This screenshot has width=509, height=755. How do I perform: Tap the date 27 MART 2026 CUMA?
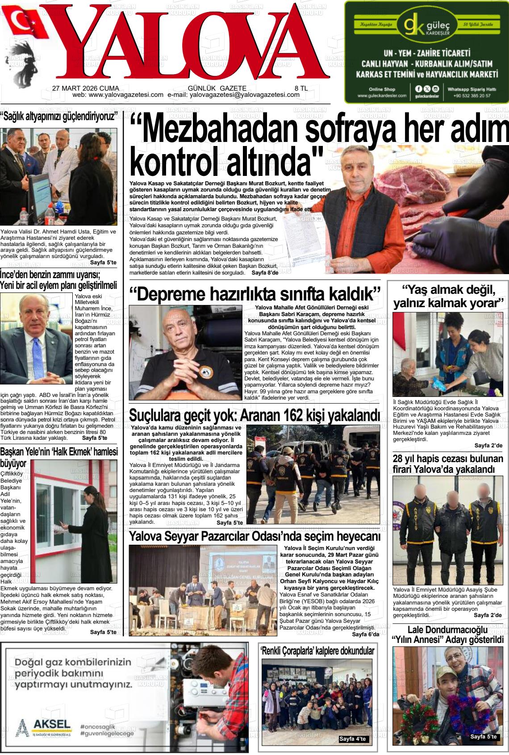[79, 88]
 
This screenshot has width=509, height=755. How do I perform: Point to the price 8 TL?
[301, 88]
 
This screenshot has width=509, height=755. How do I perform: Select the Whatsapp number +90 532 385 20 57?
[471, 96]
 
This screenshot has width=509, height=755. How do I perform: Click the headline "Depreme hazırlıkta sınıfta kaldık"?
[254, 295]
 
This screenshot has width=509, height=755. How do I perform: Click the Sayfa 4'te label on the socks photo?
[352, 739]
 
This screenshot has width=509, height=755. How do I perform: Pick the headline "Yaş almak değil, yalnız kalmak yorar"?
[448, 297]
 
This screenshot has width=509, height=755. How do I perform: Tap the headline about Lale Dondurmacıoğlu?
[448, 634]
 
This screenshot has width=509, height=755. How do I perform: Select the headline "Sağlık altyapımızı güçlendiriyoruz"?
[60, 117]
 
